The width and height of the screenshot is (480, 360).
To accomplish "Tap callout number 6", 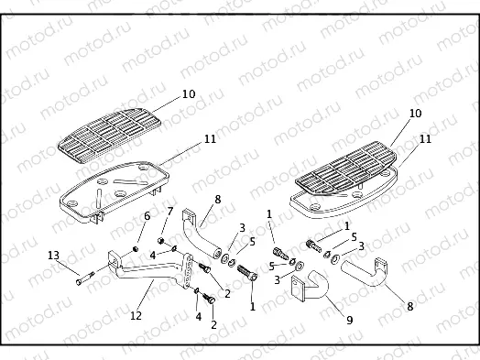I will point(145,215).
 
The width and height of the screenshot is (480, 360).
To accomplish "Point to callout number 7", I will point(169,213).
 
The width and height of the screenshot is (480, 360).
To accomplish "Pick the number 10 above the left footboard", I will point(189,93).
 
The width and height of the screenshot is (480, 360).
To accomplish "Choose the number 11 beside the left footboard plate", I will point(211,139).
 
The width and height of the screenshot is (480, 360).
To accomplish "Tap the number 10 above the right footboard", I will point(414,114).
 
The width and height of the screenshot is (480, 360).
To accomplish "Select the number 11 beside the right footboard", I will point(425,139).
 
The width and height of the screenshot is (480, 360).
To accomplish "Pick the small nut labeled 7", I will point(161,241).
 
